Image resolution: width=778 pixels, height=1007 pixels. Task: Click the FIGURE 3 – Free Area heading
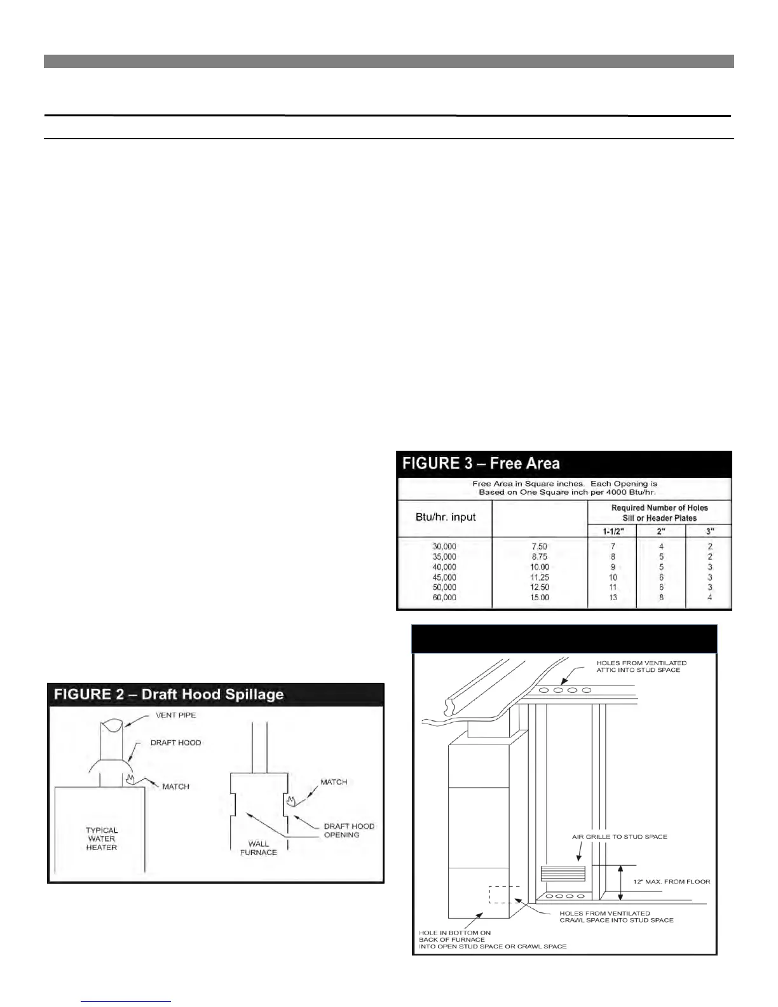click(x=481, y=463)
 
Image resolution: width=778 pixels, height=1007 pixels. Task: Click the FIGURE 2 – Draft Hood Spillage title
click(x=168, y=694)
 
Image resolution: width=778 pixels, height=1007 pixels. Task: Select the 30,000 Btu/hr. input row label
click(x=444, y=547)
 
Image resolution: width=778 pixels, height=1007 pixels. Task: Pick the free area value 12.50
click(x=540, y=587)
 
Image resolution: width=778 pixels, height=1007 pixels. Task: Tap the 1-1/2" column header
click(x=612, y=531)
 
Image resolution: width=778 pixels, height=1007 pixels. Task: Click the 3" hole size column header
click(x=710, y=531)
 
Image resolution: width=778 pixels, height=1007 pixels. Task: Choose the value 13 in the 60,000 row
click(x=613, y=598)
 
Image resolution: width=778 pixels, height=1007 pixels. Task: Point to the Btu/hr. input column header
click(x=446, y=517)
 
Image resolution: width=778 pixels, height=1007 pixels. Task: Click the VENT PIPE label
click(x=176, y=715)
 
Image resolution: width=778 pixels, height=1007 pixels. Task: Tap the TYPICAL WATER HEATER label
click(x=102, y=839)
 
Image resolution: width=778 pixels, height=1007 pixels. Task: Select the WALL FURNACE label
click(x=259, y=848)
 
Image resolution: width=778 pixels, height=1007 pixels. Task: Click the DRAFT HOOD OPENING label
click(x=349, y=830)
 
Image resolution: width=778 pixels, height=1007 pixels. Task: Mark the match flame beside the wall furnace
click(x=292, y=800)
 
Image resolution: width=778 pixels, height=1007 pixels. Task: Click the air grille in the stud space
click(x=562, y=872)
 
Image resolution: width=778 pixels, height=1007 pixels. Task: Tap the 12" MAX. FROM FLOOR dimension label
click(x=672, y=882)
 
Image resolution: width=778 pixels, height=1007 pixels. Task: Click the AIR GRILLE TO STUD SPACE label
click(x=620, y=837)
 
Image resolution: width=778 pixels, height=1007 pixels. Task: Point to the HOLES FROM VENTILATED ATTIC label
click(x=641, y=666)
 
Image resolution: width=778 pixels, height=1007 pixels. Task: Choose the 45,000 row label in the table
click(x=444, y=577)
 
